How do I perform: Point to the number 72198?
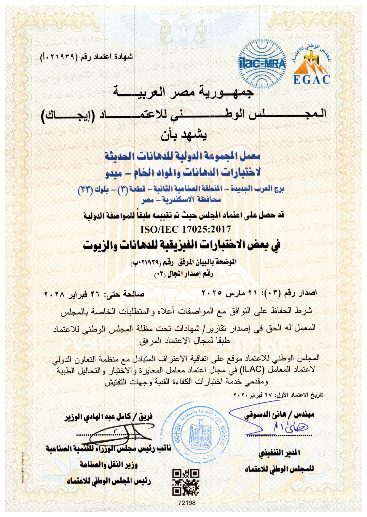187,503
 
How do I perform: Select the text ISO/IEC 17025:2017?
186,229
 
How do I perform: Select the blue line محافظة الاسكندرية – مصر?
181,200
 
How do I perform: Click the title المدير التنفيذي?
279,453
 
